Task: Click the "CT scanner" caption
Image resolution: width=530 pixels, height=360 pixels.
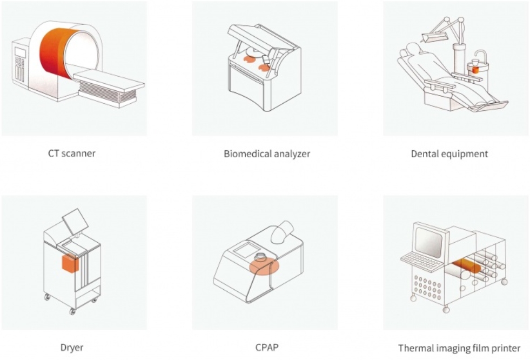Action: click(x=72, y=154)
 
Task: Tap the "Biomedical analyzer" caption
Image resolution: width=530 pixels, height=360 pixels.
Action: click(x=267, y=154)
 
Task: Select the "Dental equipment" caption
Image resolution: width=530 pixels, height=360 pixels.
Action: click(x=449, y=154)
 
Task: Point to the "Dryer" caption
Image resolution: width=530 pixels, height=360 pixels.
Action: click(x=72, y=348)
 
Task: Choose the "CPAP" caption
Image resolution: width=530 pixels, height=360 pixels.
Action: click(x=267, y=348)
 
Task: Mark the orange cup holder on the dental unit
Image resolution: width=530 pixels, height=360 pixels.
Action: click(x=475, y=70)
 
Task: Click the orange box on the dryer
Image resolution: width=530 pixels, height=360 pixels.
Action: click(x=70, y=263)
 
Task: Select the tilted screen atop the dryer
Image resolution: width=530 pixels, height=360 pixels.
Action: click(x=76, y=221)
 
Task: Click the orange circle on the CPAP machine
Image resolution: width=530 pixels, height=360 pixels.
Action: click(x=264, y=266)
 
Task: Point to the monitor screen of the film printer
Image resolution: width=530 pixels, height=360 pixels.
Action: click(x=428, y=242)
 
